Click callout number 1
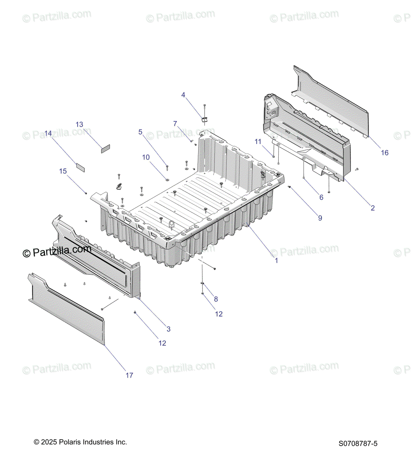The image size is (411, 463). coord(276,260)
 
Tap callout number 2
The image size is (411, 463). coord(372,208)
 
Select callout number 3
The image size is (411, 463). coord(168,329)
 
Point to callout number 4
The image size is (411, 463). coord(183,95)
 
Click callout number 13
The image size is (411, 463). coord(79,125)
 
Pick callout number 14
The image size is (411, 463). coord(48,133)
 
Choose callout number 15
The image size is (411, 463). coord(63,171)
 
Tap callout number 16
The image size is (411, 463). coord(384,153)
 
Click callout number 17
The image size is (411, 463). coord(129,375)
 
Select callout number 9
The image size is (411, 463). coord(320,218)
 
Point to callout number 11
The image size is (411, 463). coord(258,142)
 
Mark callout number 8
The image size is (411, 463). coord(216,299)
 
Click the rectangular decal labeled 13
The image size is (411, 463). coord(106,149)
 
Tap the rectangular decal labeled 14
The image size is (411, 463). coord(80,167)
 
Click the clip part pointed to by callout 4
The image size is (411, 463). coord(204,118)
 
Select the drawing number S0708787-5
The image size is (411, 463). coord(358,444)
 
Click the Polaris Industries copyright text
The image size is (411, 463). coord(80,442)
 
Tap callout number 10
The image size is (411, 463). coord(146,157)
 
